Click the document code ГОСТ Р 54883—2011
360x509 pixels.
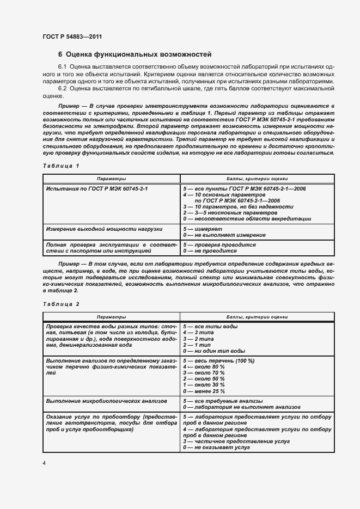click(72, 36)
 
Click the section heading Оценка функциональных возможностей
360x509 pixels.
click(135, 54)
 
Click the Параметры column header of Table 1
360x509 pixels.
click(111, 178)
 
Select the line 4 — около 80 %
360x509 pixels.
click(204, 367)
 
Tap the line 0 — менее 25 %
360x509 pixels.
click(204, 391)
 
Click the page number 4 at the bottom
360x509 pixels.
click(44, 463)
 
